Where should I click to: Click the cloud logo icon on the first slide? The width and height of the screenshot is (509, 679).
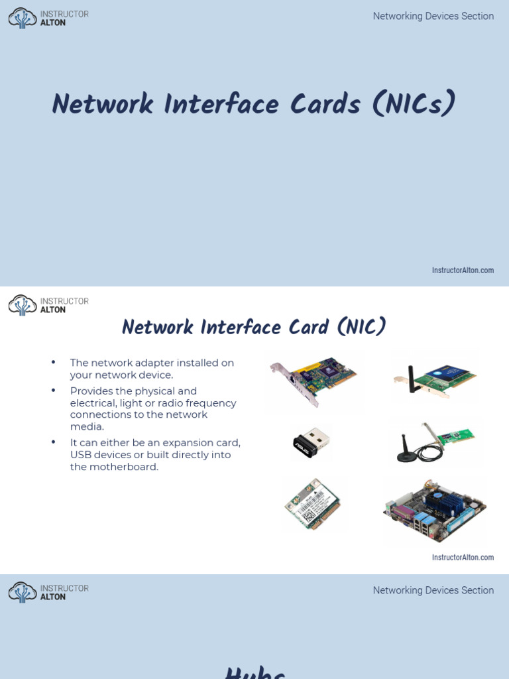point(23,18)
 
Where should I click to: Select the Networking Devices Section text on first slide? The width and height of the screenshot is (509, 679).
point(433,16)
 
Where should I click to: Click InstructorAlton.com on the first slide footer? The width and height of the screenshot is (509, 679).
point(463,271)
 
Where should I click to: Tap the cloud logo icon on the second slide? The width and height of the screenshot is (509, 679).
point(23,305)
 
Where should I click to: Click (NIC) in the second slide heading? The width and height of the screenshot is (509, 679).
point(361,327)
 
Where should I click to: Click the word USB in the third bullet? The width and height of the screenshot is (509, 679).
point(81,455)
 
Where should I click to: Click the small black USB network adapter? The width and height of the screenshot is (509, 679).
point(311,443)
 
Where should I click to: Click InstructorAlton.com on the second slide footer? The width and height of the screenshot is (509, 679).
point(463,558)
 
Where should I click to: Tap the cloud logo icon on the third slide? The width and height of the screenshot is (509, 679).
point(23,592)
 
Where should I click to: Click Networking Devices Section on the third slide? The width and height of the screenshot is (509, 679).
point(433,590)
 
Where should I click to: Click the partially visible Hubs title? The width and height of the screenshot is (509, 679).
point(255,673)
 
